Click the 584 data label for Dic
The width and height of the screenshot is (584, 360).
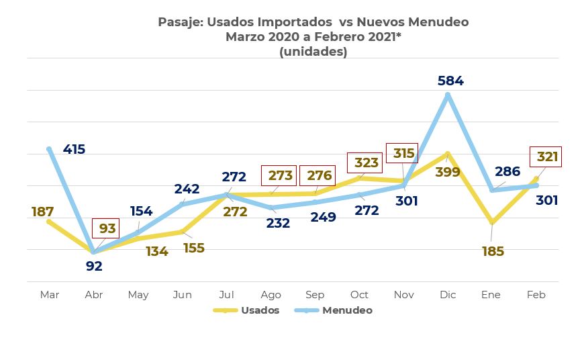pos(450,81)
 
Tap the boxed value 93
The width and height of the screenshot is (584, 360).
pos(107,228)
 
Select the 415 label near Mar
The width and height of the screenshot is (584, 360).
pos(74,149)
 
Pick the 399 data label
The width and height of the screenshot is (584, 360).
pos(447,173)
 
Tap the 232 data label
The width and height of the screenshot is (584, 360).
pos(277,223)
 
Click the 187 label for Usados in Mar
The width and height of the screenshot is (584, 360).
pos(42,212)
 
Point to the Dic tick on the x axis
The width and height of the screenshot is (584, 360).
pos(448,295)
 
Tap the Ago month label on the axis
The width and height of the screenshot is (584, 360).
pos(271,295)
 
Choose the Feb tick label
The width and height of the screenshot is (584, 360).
pos(536,295)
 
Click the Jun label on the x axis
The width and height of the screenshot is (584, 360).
pos(182,295)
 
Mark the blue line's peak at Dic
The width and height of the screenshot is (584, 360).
pos(448,95)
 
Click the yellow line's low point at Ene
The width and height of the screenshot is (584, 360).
pos(492,222)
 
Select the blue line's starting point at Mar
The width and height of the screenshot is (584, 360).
pos(49,149)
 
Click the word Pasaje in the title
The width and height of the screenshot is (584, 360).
pos(179,22)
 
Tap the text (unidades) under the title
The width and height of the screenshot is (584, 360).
pos(313,52)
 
